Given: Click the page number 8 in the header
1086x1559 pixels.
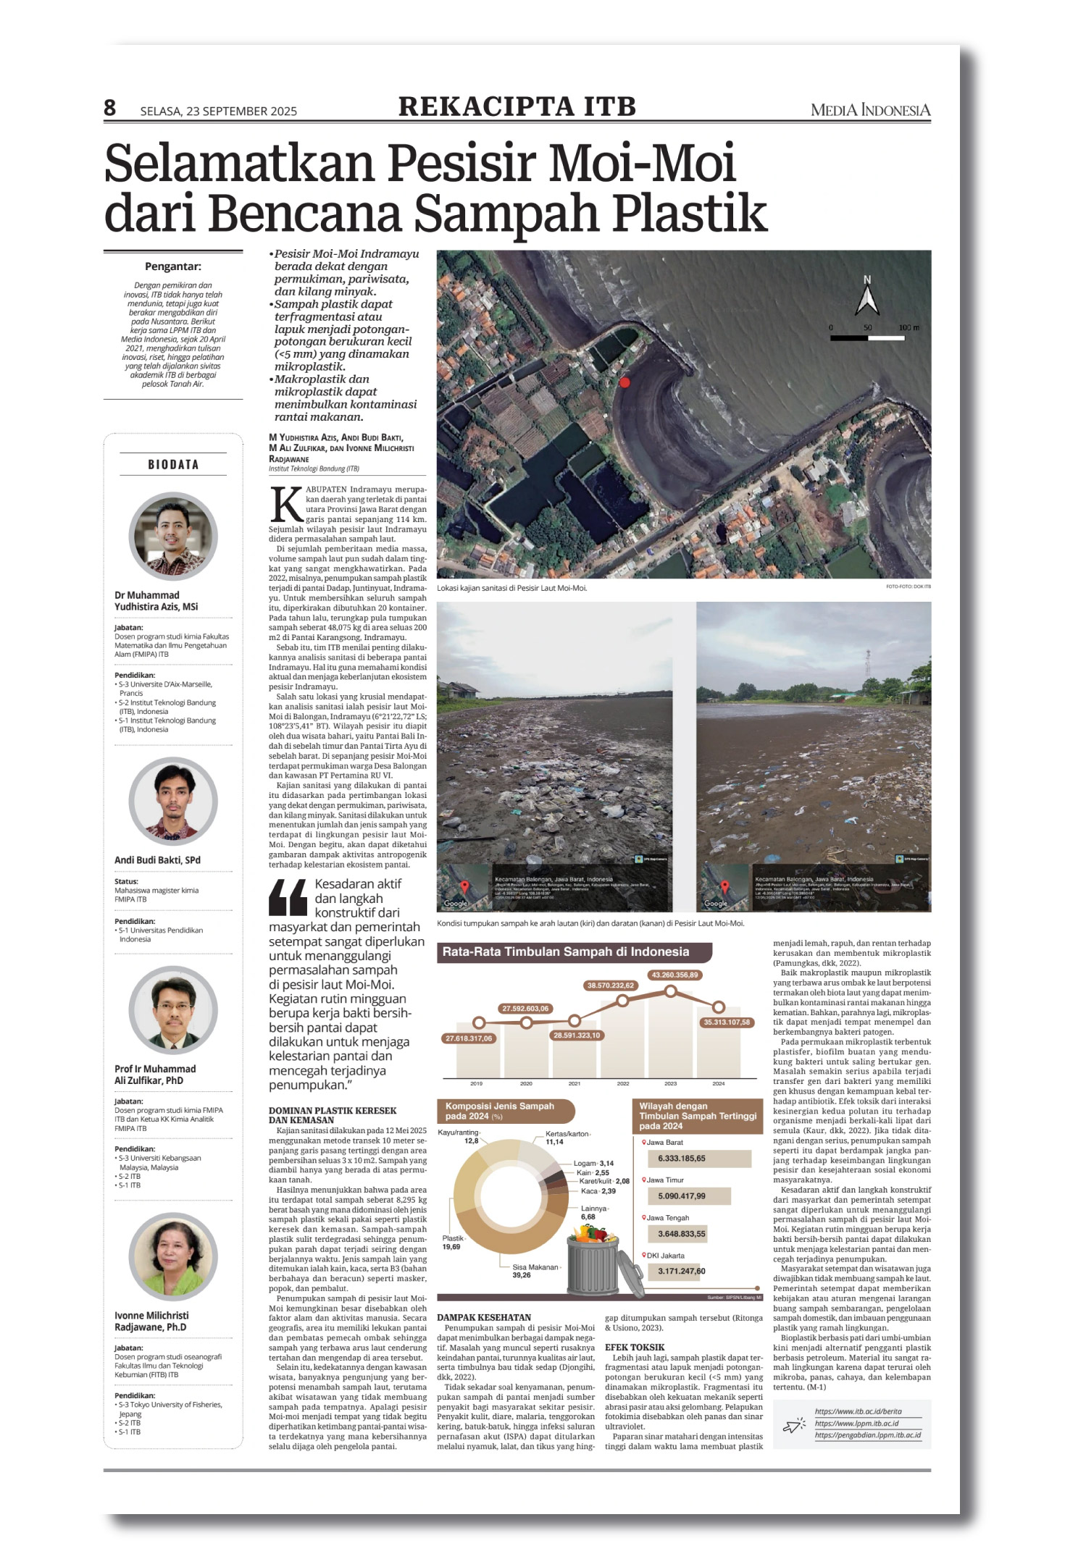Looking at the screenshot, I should [109, 108].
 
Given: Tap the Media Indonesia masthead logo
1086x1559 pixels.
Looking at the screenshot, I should [870, 110].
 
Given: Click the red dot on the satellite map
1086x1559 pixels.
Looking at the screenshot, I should [625, 382].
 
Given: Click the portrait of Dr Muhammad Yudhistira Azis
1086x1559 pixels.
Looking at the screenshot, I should [173, 537].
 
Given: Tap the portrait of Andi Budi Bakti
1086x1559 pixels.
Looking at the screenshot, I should [173, 801].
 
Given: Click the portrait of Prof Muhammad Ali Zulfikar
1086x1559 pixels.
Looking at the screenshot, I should [173, 1010].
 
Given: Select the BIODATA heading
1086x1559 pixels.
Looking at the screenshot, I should [173, 465].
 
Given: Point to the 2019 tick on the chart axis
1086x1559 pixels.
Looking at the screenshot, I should [477, 1084].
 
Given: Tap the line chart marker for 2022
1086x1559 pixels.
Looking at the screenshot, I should [622, 1001].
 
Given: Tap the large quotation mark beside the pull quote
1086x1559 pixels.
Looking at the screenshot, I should [288, 898].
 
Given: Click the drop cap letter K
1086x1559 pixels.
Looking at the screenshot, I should [285, 504].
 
